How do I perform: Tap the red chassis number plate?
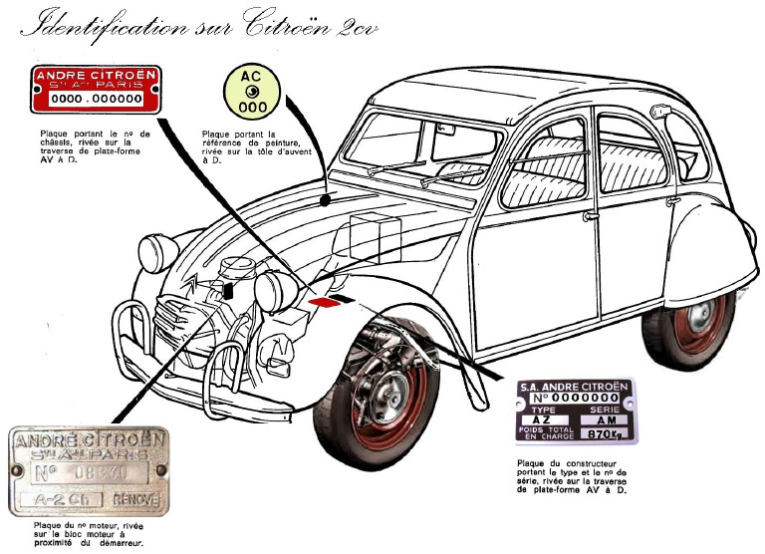(97, 90)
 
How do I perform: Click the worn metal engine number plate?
(89, 471)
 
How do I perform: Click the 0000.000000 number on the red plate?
(97, 101)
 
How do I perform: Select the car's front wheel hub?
(383, 391)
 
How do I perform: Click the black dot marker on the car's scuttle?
(328, 200)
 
